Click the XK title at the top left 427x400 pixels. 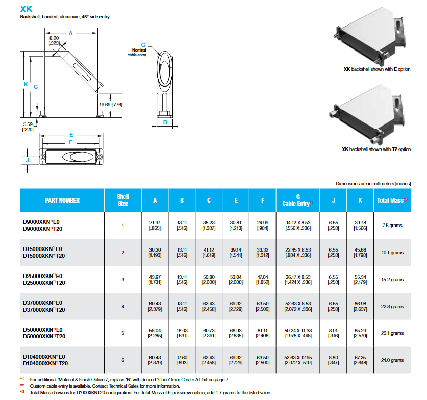(26, 9)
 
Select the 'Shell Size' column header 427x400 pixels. (123, 200)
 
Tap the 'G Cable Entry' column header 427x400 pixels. (298, 200)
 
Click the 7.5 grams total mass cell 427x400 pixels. (392, 226)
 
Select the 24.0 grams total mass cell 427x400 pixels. (392, 360)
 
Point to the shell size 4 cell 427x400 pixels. (123, 307)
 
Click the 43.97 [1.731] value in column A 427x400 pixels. (155, 279)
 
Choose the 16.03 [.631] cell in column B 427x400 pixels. (182, 333)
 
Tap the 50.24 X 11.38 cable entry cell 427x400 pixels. (298, 333)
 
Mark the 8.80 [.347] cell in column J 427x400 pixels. (333, 360)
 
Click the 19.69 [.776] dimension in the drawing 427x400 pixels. (111, 104)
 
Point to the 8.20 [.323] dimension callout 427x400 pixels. (54, 41)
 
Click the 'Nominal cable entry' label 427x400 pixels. (137, 53)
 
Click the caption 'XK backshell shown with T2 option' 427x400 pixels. (376, 149)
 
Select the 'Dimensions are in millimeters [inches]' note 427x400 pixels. (373, 183)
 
